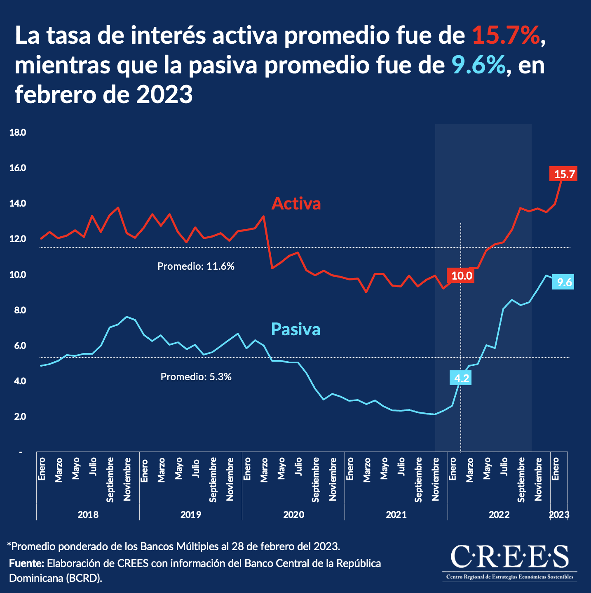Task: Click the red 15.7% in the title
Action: tap(506, 35)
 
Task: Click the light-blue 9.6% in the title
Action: tap(478, 65)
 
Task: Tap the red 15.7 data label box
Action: tap(564, 174)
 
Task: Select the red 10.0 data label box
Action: tap(461, 275)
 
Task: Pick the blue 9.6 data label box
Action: tap(564, 282)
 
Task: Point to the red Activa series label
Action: tap(296, 204)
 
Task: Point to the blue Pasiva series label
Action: tap(295, 329)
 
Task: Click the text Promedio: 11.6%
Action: tap(196, 266)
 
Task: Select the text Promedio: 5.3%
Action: tap(196, 377)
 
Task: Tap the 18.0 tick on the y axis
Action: tap(18, 132)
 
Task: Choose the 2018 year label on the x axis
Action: tap(88, 514)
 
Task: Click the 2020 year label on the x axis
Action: tap(293, 514)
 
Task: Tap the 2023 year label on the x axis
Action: tap(559, 514)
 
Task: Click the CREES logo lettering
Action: tap(509, 556)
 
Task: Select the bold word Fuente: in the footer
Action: tap(26, 563)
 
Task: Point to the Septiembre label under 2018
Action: tap(110, 480)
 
